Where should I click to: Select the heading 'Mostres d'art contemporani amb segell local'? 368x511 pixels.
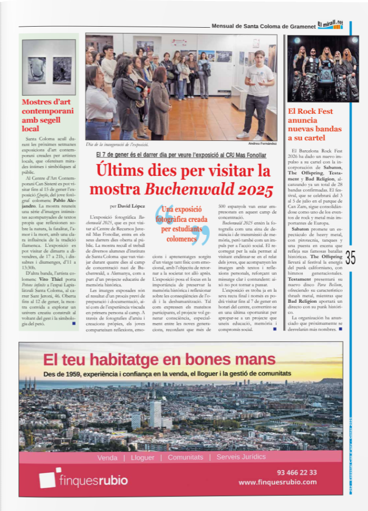click(48, 115)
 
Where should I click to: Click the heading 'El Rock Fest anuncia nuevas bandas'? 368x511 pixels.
click(315, 124)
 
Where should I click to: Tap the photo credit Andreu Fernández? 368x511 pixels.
click(263, 143)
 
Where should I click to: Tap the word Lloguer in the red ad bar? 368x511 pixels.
click(143, 457)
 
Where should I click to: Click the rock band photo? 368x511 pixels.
click(323, 68)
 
